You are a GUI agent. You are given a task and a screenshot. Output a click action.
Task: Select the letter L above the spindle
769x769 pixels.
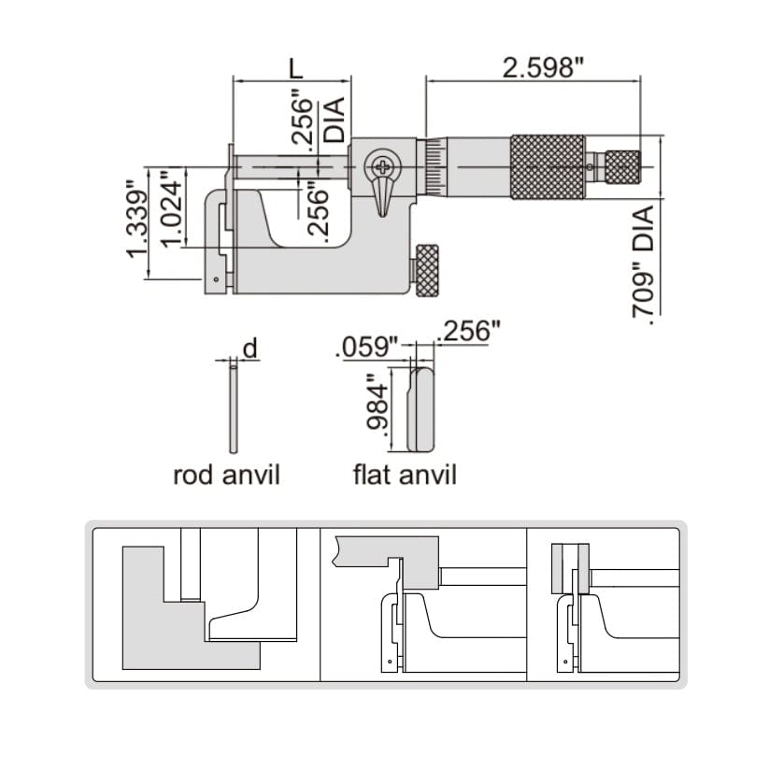point(294,68)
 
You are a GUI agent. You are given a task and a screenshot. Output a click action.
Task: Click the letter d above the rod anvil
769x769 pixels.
point(249,349)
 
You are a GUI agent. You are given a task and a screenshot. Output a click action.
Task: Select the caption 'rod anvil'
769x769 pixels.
point(226,475)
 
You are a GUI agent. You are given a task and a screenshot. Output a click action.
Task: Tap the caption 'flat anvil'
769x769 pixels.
point(405,475)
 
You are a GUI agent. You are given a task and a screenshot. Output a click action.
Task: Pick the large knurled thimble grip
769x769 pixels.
point(548,167)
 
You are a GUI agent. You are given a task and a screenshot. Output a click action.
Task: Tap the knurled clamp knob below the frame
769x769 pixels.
point(428,272)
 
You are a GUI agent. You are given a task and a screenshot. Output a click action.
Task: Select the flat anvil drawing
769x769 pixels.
point(422,407)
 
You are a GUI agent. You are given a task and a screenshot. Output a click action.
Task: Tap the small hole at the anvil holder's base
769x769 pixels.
point(216,279)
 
